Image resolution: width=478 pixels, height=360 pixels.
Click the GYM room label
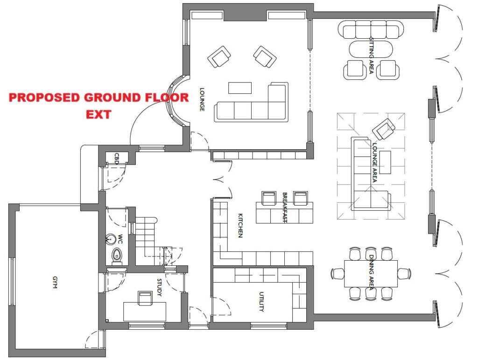[x=55, y=282]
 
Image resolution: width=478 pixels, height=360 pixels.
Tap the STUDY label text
[x=159, y=287]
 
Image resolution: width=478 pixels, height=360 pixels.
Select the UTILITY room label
[x=261, y=302]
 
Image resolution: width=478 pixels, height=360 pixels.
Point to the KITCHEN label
[x=240, y=225]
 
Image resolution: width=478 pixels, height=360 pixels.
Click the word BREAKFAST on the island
[x=285, y=208]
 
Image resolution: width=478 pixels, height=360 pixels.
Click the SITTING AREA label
[x=371, y=55]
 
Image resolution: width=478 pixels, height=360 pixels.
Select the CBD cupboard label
[x=116, y=159]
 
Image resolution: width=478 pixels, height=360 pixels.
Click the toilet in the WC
[x=117, y=256]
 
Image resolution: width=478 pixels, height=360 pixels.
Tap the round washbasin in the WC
[x=111, y=239]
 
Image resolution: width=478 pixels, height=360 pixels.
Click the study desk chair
[x=145, y=298]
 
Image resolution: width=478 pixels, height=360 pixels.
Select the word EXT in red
[x=98, y=115]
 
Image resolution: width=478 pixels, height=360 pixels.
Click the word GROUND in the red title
[x=112, y=97]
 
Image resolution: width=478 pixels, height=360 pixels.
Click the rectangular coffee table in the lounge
[x=240, y=88]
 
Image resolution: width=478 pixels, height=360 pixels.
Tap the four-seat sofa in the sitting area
[x=371, y=29]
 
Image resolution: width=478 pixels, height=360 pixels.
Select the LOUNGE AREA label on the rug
[x=374, y=162]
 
